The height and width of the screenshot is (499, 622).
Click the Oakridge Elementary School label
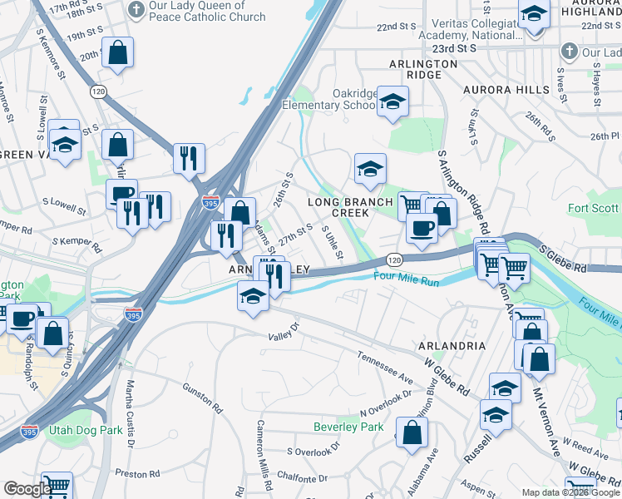pyautogui.click(x=328, y=99)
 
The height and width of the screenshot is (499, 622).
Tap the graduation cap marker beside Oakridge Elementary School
pyautogui.click(x=392, y=102)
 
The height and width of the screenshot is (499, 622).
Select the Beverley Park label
pyautogui.click(x=348, y=427)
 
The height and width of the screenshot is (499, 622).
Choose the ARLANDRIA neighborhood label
pyautogui.click(x=452, y=345)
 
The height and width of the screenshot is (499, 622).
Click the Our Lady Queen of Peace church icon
pyautogui.click(x=135, y=11)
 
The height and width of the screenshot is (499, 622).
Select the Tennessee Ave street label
pyautogui.click(x=385, y=367)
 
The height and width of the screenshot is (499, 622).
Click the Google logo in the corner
pyautogui.click(x=27, y=489)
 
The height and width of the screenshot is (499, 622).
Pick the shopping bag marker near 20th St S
pyautogui.click(x=118, y=54)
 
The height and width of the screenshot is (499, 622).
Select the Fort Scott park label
pyautogui.click(x=594, y=208)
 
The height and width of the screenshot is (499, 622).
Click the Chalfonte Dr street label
pyautogui.click(x=299, y=478)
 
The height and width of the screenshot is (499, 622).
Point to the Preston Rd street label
pyautogui.click(x=131, y=473)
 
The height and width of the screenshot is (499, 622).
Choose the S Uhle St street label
pyautogui.click(x=332, y=240)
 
